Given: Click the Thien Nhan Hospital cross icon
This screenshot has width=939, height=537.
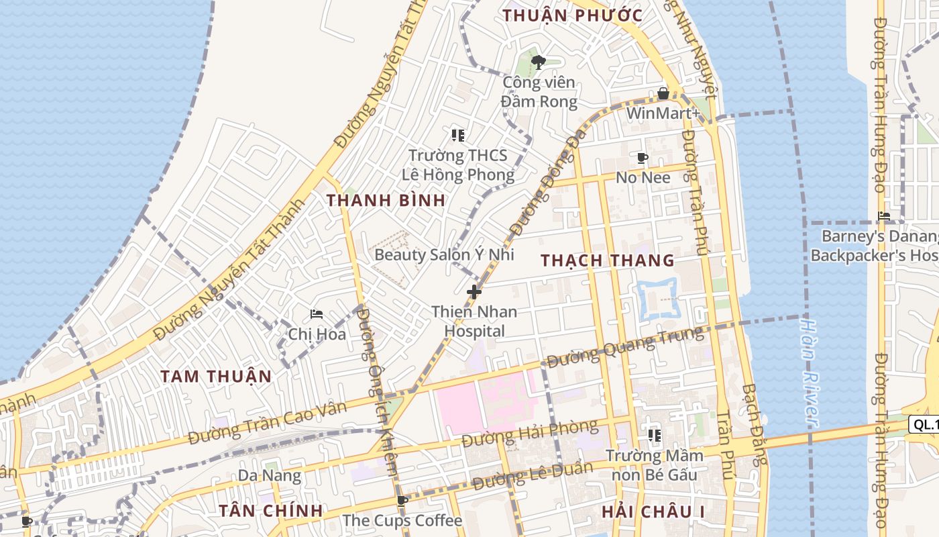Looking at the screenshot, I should [x=474, y=292].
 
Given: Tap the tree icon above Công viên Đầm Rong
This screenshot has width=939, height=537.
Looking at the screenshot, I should [x=538, y=62].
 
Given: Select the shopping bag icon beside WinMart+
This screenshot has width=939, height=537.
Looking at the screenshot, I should [x=663, y=93].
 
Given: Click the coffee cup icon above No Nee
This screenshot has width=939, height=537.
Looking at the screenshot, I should [x=642, y=158].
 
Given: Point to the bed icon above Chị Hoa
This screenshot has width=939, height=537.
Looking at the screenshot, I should [x=317, y=314].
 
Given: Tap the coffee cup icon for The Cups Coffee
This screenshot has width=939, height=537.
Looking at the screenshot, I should [x=402, y=501].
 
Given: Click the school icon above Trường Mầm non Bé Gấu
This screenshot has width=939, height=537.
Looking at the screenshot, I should [x=655, y=436].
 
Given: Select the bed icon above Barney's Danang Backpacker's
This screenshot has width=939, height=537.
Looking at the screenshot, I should [x=884, y=216].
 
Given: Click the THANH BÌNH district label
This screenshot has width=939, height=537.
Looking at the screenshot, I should [x=386, y=200].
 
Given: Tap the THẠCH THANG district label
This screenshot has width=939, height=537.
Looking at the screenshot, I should [x=608, y=260].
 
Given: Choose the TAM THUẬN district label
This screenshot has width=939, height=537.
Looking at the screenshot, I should [x=216, y=377].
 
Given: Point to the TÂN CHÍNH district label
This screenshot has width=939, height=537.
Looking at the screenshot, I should [x=271, y=511].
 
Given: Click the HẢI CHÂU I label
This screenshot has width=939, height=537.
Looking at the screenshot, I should [x=653, y=511].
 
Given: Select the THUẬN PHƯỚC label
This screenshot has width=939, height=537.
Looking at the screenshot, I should [x=573, y=15].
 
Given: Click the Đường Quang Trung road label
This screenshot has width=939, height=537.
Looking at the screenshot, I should [x=625, y=346].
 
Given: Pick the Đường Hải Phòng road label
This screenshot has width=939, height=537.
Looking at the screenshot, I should [x=530, y=434].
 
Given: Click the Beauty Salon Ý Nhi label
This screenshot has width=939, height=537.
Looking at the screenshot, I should [x=444, y=254].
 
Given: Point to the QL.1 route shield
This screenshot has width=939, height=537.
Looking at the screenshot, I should [x=924, y=424].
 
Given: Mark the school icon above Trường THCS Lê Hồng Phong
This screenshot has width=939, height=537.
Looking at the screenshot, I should [x=458, y=136].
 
